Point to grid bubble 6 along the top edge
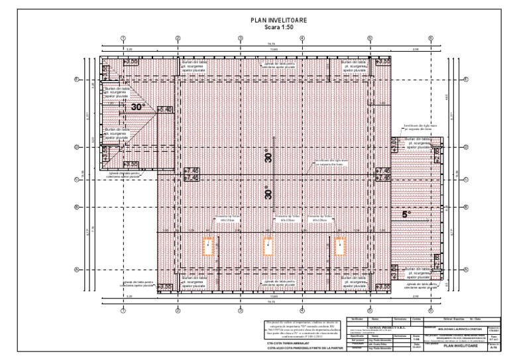431,38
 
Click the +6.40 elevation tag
164,109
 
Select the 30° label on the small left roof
137,106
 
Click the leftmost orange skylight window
209,246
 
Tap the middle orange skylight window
269,246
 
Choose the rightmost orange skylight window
340,246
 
